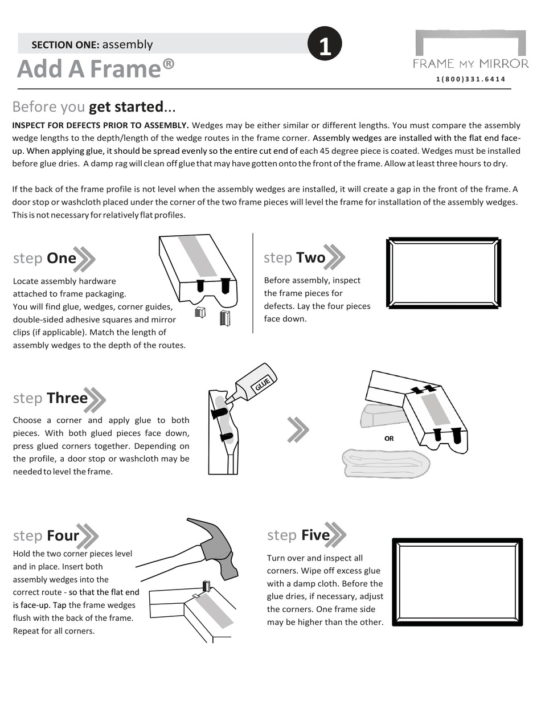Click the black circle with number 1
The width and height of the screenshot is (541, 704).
coord(325,44)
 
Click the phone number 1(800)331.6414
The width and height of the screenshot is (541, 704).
coord(470,79)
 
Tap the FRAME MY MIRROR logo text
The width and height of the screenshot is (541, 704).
coord(470,63)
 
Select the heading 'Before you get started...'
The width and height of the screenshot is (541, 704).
coord(94,107)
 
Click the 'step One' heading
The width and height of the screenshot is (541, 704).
coord(45,258)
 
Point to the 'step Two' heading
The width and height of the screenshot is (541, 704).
coord(294,257)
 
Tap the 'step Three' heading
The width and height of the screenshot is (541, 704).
coord(51,398)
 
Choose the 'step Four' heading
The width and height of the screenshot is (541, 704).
coord(46,535)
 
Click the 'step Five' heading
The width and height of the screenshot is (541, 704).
coord(298,535)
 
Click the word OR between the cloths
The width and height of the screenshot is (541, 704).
coord(389,439)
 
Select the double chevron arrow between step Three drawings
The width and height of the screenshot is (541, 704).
coord(298,429)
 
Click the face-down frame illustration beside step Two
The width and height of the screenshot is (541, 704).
coord(444,273)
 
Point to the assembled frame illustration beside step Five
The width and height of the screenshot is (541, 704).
coord(457,582)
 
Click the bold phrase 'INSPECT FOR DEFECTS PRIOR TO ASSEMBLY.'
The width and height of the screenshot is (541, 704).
coord(100,125)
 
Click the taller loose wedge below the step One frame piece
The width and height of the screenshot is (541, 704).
coord(224,318)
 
